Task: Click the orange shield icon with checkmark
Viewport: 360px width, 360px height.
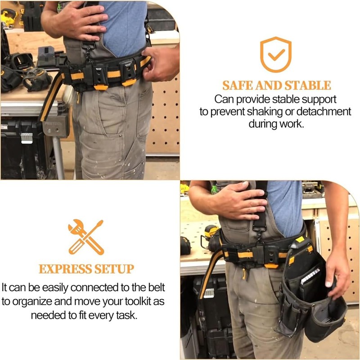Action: coord(276,54)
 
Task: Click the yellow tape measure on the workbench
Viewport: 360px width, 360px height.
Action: coord(211,231)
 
